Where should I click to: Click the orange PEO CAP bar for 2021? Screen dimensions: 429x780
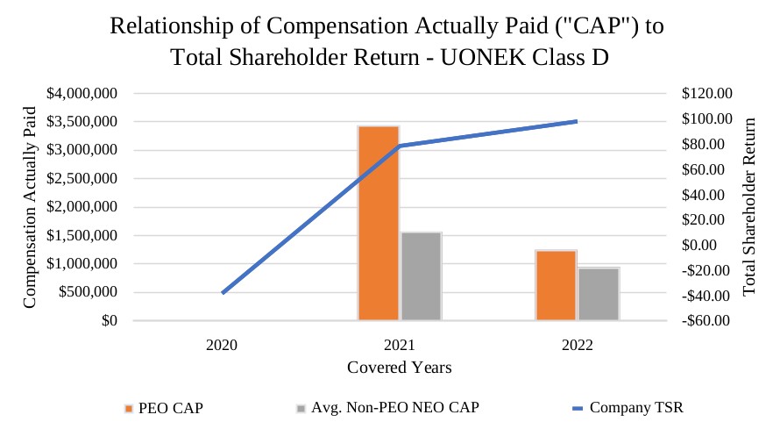click(x=378, y=223)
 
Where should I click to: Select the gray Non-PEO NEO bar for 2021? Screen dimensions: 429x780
click(x=421, y=276)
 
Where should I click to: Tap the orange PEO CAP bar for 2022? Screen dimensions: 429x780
click(x=556, y=285)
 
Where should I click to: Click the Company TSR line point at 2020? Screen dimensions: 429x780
click(x=223, y=292)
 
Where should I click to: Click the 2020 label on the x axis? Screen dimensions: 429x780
click(x=223, y=345)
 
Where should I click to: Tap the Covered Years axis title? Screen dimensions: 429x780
click(x=399, y=368)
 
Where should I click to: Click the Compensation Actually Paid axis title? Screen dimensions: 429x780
click(x=31, y=207)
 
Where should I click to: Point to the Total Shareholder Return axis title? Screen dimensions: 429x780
click(x=749, y=207)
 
